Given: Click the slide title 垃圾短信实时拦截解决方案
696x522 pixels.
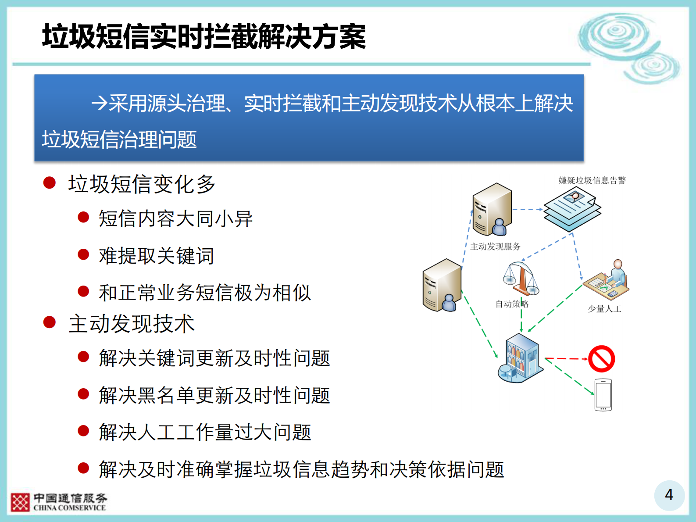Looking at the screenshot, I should pos(204,37).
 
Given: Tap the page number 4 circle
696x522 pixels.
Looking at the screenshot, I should pos(669,495).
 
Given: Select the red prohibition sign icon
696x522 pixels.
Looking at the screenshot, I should pos(602,359).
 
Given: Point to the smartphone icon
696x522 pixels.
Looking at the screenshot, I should pos(603,395).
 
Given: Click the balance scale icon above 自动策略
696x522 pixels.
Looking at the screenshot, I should pos(521,279).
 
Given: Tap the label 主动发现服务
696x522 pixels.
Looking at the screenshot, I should pos(495,247).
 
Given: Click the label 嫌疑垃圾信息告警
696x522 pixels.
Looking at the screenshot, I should pos(592,180).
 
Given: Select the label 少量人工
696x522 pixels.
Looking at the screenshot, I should pos(604,309).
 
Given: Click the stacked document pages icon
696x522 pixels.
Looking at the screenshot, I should pos(572,209).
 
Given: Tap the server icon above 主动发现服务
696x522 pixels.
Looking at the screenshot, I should pos(492,209).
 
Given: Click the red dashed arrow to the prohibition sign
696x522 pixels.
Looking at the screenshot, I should pos(566,359).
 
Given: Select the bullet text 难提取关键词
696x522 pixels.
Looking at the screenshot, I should pos(157,256).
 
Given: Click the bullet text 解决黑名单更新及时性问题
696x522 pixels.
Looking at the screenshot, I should pos(214,395).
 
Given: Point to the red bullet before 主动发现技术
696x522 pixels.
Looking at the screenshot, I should pos(50,322).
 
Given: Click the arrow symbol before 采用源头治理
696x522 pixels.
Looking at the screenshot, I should pos(99,104).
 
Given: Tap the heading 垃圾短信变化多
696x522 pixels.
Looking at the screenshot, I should pos(141,184).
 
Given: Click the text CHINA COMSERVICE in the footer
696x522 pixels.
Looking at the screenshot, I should pos(69,508).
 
